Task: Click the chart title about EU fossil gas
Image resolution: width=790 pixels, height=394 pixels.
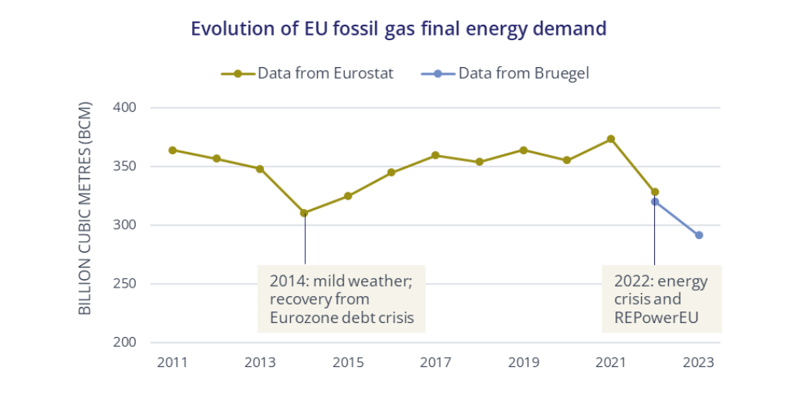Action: pos(398,29)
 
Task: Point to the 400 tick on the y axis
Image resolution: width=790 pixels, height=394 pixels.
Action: pos(124,107)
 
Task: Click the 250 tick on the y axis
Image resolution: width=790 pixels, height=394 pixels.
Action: pos(124,284)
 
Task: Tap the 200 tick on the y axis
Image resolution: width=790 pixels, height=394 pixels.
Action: pos(124,342)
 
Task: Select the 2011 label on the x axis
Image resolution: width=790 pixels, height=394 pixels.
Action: pos(171,362)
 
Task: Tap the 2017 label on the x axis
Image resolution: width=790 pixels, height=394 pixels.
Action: pos(435,362)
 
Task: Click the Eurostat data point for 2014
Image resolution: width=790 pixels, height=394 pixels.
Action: pos(304,213)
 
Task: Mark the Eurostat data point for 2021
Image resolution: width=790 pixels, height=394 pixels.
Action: pos(611,139)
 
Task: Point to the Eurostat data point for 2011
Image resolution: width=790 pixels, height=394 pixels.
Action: pos(172,150)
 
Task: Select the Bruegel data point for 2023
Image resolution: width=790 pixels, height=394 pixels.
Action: pos(699,235)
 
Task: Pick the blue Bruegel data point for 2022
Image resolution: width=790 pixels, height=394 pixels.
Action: pos(655,202)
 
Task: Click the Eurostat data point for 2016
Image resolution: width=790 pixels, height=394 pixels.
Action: pos(391,172)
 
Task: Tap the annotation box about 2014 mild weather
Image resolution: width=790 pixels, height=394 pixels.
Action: pos(341,298)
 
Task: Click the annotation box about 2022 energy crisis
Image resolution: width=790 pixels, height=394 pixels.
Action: pos(661,298)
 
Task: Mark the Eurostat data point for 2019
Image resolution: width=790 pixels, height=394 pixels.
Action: pos(523,150)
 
